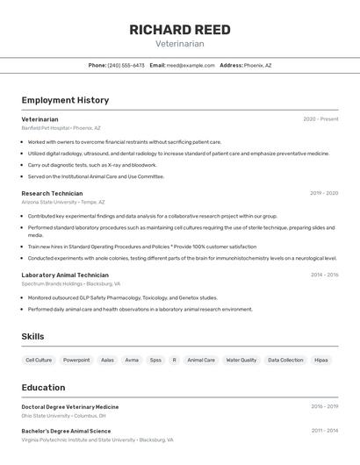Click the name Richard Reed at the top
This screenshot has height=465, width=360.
[x=180, y=30]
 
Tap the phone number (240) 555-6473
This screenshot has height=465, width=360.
[x=126, y=65]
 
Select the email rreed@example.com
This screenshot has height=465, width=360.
[x=191, y=65]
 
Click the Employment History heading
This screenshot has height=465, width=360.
[x=65, y=100]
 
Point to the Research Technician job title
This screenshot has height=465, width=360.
[x=52, y=193]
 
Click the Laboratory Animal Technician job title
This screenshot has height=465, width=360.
[x=65, y=275]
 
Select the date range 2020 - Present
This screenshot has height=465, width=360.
[x=320, y=119]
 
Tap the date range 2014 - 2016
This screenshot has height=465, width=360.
[x=324, y=275]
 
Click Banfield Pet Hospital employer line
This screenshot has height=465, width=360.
[x=61, y=127]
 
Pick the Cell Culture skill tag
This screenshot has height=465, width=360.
[x=39, y=360]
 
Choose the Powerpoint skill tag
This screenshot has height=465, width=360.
[x=76, y=360]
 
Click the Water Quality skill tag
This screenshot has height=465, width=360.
[x=241, y=360]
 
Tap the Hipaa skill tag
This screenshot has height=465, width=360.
[x=321, y=360]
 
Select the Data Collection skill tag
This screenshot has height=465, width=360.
[x=285, y=360]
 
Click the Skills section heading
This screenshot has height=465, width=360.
[x=32, y=336]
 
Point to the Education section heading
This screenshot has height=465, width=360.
[x=43, y=387]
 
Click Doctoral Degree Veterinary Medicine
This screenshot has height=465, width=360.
[x=70, y=407]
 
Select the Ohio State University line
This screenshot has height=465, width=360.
[x=58, y=416]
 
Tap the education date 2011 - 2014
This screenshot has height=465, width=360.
[x=324, y=431]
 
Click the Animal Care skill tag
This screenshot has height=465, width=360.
[x=201, y=360]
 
